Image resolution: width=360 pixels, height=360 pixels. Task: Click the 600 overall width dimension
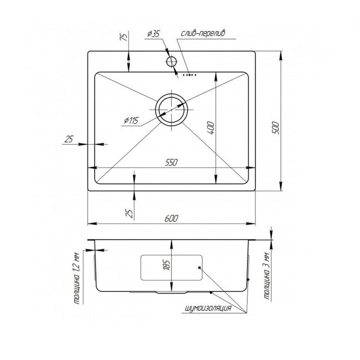point(171,218)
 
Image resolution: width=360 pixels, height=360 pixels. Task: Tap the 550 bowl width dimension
point(171,162)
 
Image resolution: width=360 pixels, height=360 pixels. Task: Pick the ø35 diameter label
point(153,33)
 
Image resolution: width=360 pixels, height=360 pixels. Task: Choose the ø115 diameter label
point(131,121)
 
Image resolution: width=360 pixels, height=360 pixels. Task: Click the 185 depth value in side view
point(167,264)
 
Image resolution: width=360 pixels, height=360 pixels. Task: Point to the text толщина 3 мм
point(267,277)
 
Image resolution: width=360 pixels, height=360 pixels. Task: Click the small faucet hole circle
point(172,61)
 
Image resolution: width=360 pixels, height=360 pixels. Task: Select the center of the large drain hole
point(171,109)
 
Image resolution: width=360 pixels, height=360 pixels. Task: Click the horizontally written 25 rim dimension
point(69,139)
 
